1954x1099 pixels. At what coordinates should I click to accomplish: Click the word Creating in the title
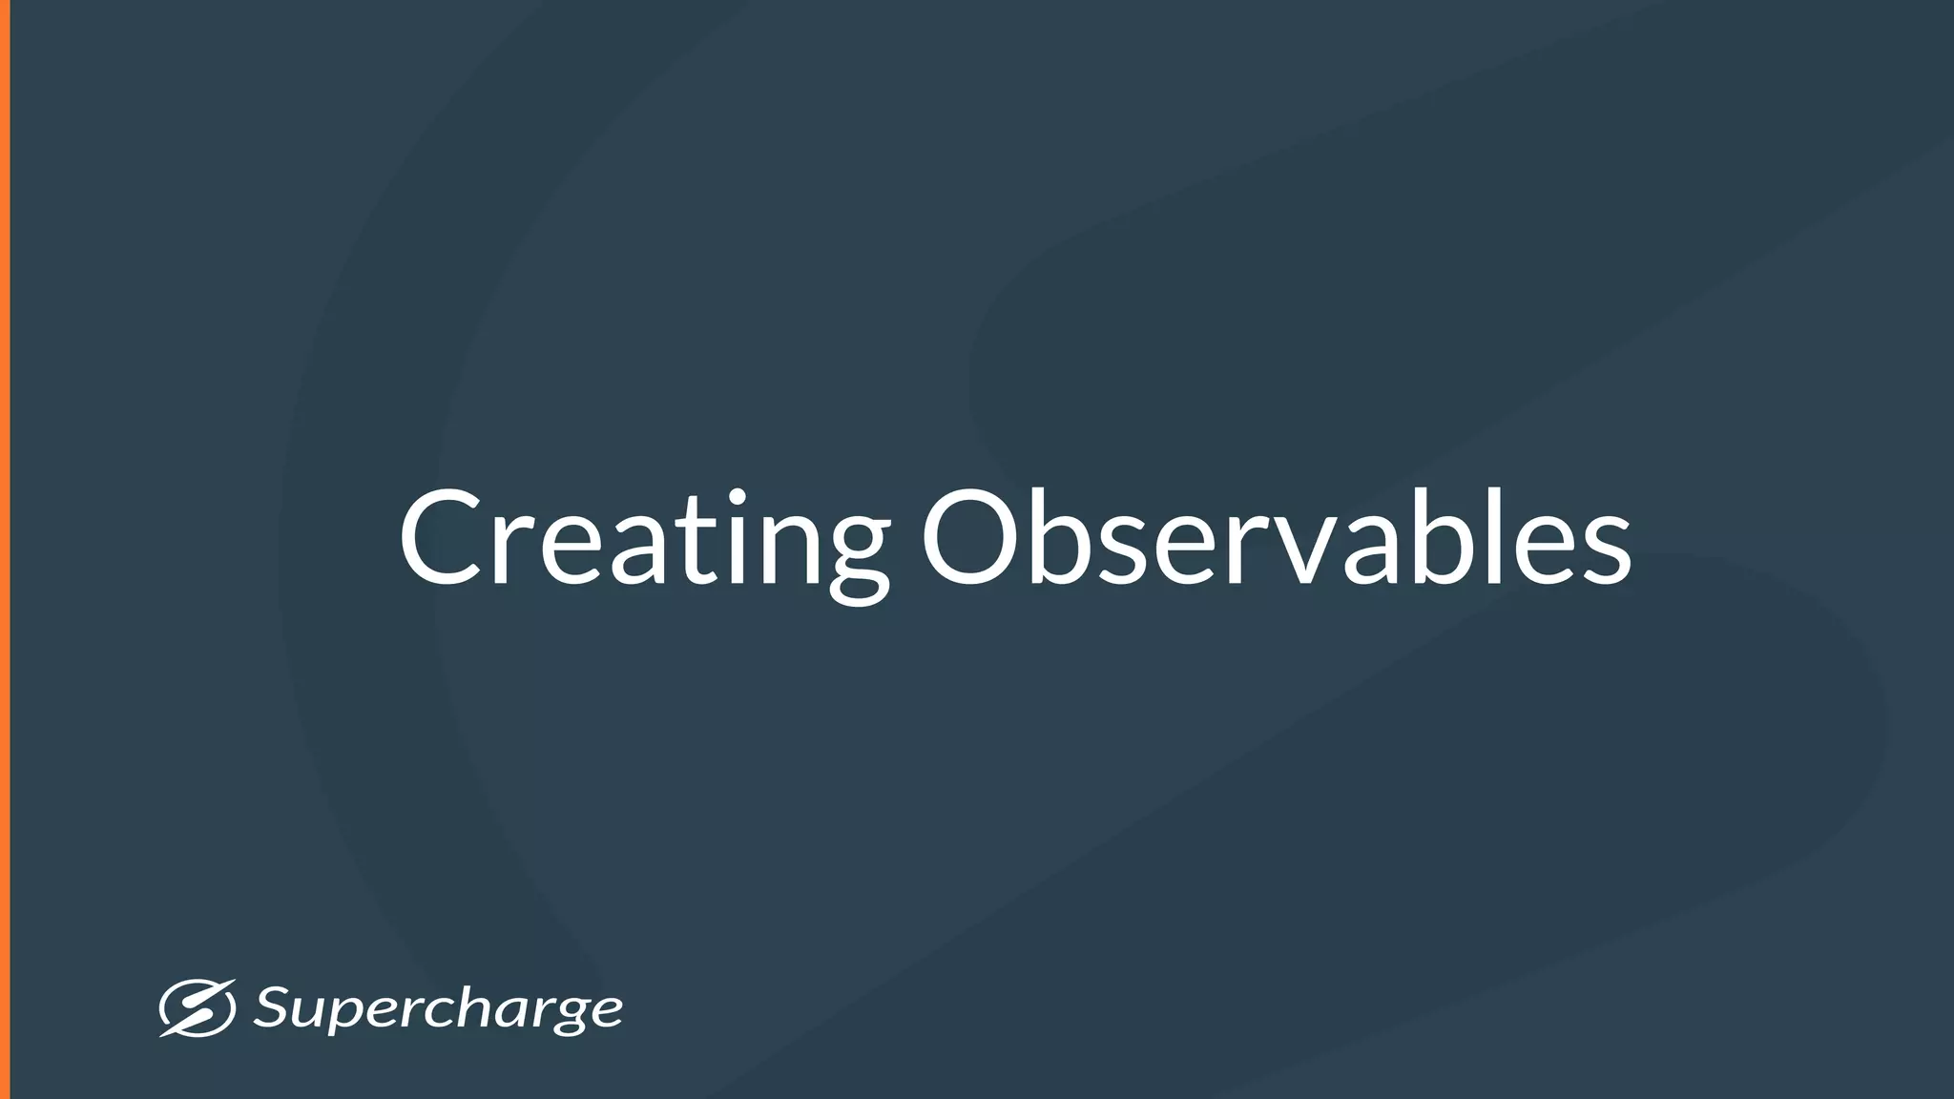[644, 539]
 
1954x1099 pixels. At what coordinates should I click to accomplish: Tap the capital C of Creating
[441, 539]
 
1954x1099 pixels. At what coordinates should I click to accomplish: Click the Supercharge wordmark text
[438, 1009]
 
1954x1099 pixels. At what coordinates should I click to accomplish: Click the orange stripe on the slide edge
[5, 549]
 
